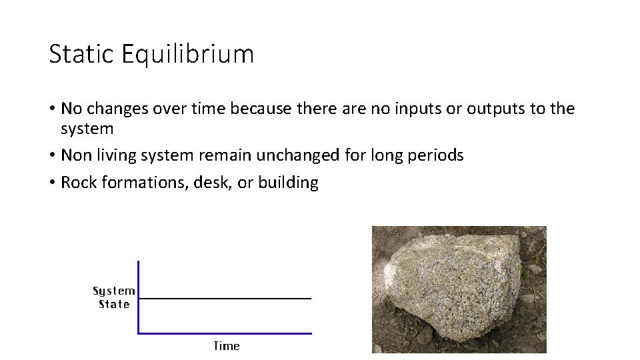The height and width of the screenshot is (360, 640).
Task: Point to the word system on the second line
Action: click(87, 128)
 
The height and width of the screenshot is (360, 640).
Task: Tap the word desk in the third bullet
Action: click(212, 183)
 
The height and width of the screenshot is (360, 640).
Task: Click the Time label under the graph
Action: click(226, 346)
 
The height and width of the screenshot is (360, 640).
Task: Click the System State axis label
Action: click(114, 297)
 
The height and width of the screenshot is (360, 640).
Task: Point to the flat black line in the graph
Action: click(225, 299)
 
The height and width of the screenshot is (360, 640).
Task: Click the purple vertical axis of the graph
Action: click(138, 297)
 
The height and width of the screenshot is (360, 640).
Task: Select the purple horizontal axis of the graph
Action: click(225, 333)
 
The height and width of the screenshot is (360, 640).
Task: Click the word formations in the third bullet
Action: click(143, 183)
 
